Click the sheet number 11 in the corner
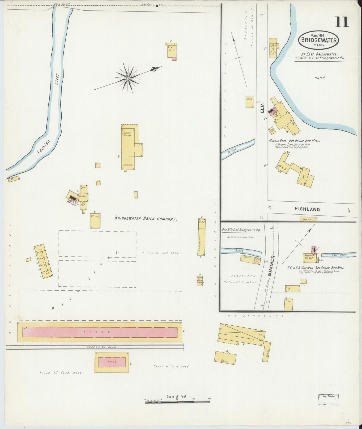coord(341,22)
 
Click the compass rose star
coord(128,78)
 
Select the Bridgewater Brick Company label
coord(146,219)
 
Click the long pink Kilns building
coord(100,332)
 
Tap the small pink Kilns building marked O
coord(112,362)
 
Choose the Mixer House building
coord(95,221)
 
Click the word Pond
coord(320,78)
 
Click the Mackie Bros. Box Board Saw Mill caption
coord(294,141)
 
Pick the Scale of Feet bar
coord(177,402)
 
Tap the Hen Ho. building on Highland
coord(308,219)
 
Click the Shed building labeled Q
coord(225,358)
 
